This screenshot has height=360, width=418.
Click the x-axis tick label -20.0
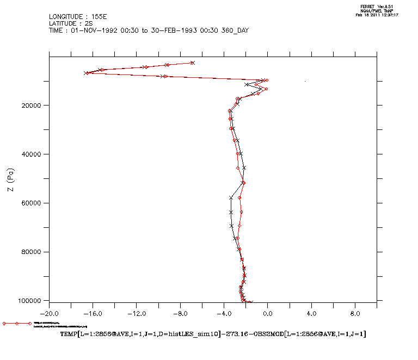tap(50, 314)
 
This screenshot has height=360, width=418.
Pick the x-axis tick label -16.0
tap(93, 314)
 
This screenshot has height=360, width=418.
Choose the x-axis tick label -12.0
tap(137, 314)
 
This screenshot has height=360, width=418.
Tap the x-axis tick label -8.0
tap(180, 314)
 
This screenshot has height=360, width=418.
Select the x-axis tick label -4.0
tap(224, 314)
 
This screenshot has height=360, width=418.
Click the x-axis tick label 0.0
tap(268, 314)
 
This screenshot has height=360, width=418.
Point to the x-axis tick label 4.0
tap(311, 314)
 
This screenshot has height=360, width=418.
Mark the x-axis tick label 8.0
tap(355, 314)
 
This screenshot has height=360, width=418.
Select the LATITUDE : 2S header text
tap(71, 23)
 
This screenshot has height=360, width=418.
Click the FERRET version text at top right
tap(376, 7)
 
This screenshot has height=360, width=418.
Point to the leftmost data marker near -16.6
tap(87, 73)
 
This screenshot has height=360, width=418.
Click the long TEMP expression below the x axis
tap(213, 333)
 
